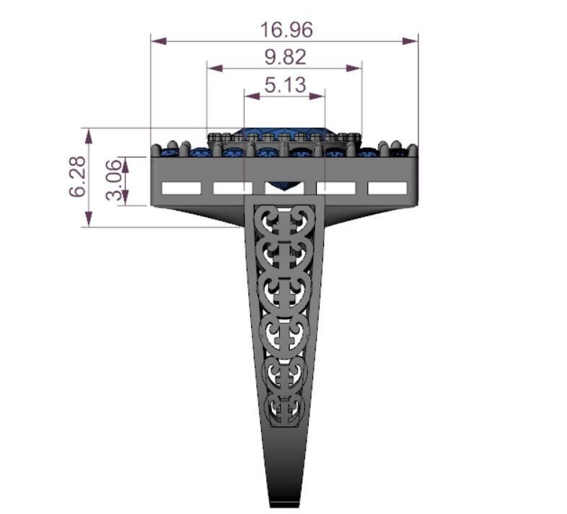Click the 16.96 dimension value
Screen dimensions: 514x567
[x=286, y=30]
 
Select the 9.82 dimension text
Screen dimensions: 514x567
[x=284, y=57]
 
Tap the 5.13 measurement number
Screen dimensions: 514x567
[x=285, y=85]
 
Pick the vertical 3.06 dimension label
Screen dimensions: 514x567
[x=114, y=180]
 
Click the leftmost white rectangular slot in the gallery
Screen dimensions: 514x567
[x=181, y=188]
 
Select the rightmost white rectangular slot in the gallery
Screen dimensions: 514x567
[x=387, y=188]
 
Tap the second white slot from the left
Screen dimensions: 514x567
[x=233, y=188]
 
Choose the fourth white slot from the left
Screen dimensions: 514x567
[x=336, y=188]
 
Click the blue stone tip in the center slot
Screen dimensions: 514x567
[x=285, y=188]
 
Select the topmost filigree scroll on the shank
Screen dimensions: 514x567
[x=285, y=219]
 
